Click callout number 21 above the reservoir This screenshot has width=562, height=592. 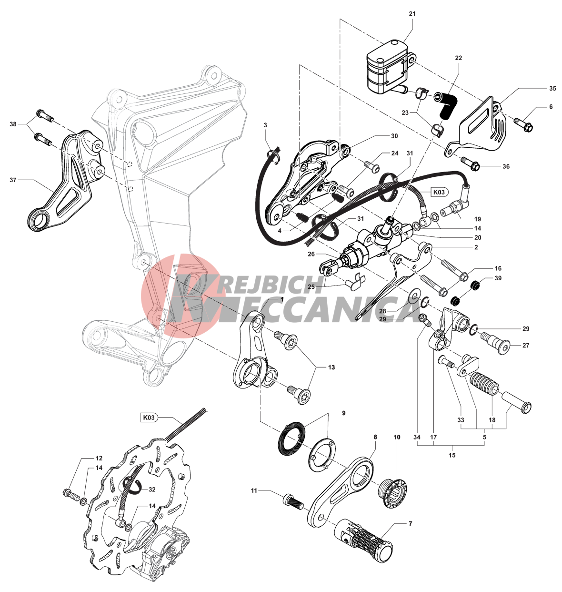(x=412, y=14)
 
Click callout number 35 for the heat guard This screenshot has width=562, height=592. (x=552, y=89)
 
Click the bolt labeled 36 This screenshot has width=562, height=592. (x=470, y=163)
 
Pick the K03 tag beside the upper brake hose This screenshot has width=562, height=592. (x=439, y=192)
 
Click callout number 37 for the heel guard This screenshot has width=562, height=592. (x=13, y=180)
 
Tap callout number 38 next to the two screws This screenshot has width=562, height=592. (x=13, y=124)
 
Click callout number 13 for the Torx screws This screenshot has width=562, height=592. (x=331, y=367)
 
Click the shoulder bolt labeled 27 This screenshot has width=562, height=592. (x=496, y=343)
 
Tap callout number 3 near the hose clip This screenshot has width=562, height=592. (x=265, y=125)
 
